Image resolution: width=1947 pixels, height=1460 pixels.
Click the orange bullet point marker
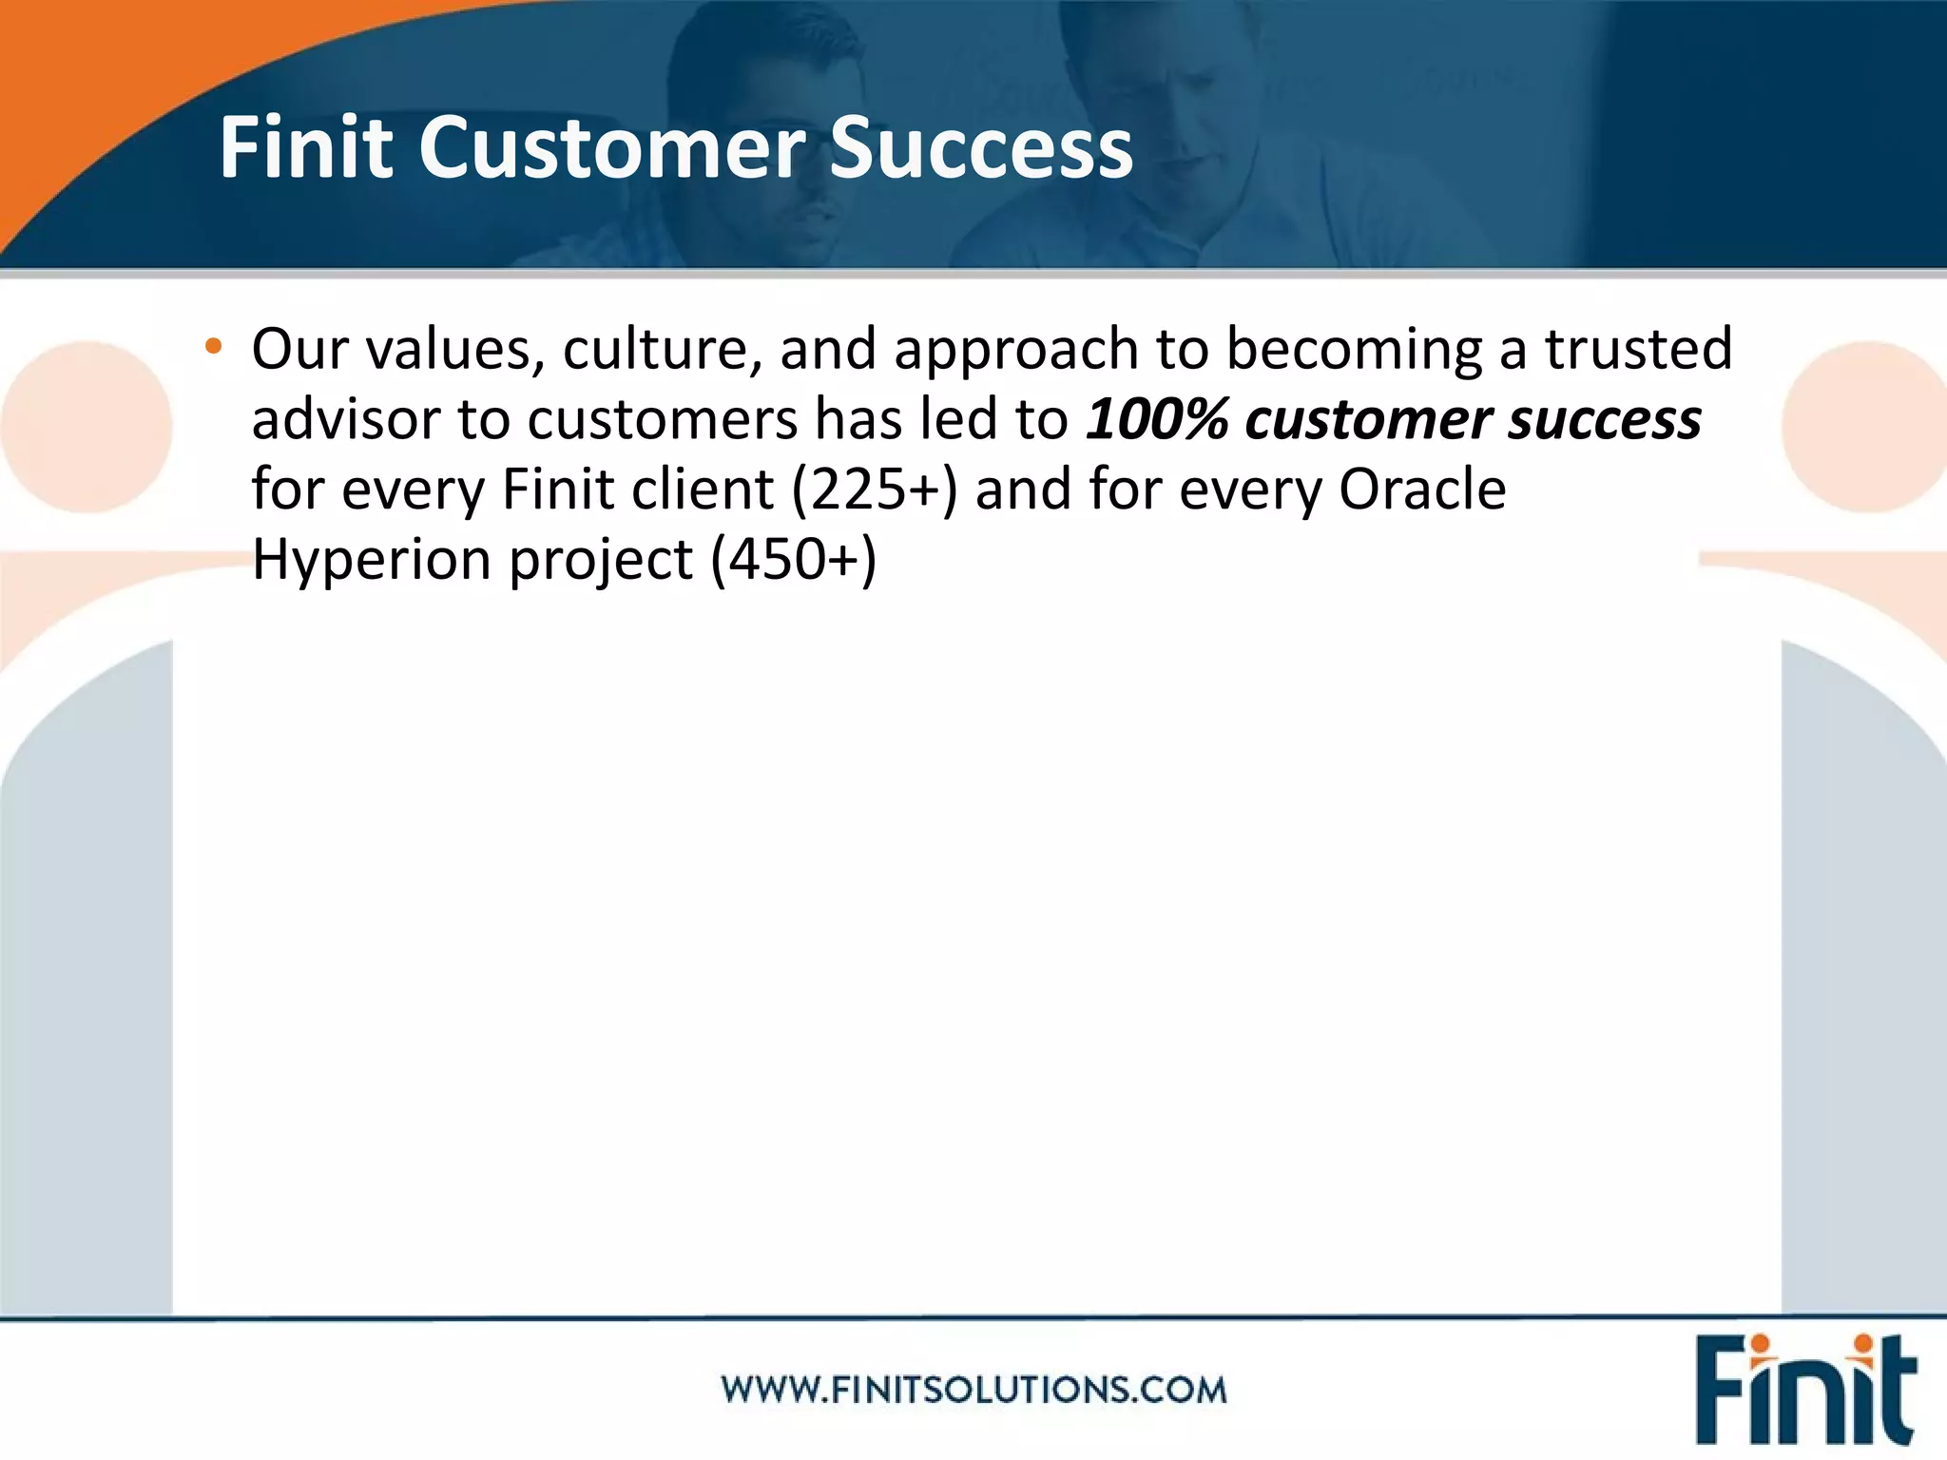[213, 347]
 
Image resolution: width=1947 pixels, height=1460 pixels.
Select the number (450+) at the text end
[794, 560]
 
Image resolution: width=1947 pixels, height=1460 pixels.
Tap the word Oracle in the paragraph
[1422, 490]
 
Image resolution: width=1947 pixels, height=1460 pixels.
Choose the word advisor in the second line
[345, 419]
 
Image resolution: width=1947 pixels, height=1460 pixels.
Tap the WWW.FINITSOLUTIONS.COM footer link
[973, 1390]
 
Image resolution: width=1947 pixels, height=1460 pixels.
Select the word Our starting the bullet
[299, 349]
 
